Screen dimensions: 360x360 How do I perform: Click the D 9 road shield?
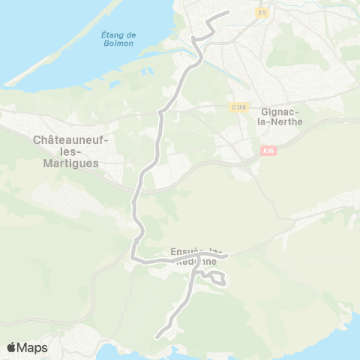[x=262, y=12]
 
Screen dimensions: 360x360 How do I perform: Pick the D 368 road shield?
[x=238, y=108]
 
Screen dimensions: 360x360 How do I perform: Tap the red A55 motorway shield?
[x=269, y=150]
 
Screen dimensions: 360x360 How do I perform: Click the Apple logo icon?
[x=11, y=347]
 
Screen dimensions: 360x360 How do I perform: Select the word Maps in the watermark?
[x=32, y=347]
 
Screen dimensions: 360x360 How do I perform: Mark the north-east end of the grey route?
[x=227, y=13]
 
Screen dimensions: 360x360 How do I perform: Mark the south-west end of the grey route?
[x=157, y=338]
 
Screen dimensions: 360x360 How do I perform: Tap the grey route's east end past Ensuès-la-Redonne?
[x=227, y=255]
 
